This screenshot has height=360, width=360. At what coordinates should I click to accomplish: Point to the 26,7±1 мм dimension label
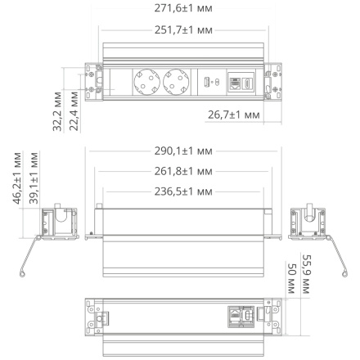[x=232, y=116]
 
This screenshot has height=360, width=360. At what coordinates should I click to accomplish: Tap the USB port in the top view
[x=210, y=83]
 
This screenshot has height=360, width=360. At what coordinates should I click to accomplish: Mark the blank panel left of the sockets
[x=119, y=82]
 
